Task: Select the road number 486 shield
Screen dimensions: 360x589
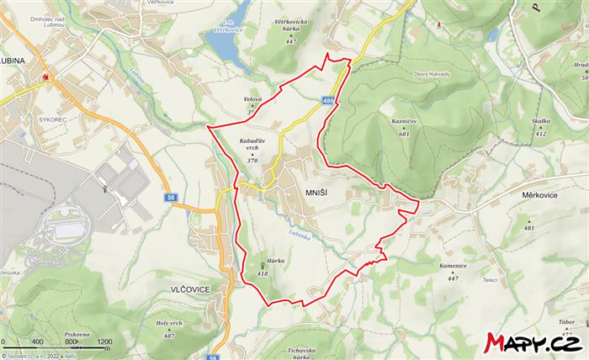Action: [x=327, y=101]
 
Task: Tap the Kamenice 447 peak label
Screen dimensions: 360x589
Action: [x=453, y=271]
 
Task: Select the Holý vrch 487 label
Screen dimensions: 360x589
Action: [x=169, y=329]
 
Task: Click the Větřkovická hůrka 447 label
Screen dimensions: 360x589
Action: [x=291, y=30]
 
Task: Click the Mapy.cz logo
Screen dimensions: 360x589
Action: [x=533, y=342]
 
